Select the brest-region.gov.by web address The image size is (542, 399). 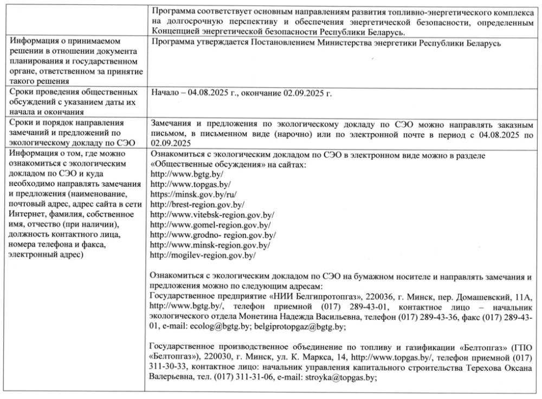197,204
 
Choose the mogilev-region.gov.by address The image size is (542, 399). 202,255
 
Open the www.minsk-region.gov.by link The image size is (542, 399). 209,245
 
